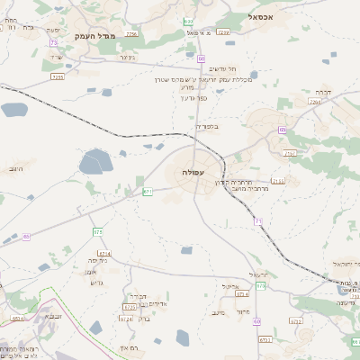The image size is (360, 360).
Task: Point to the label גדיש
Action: click(98, 282)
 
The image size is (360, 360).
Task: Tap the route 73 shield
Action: click(54, 42)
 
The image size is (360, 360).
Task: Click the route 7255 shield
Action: click(58, 77)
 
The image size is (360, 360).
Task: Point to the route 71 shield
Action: click(258, 220)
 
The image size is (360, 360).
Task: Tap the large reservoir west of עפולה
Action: click(94, 162)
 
